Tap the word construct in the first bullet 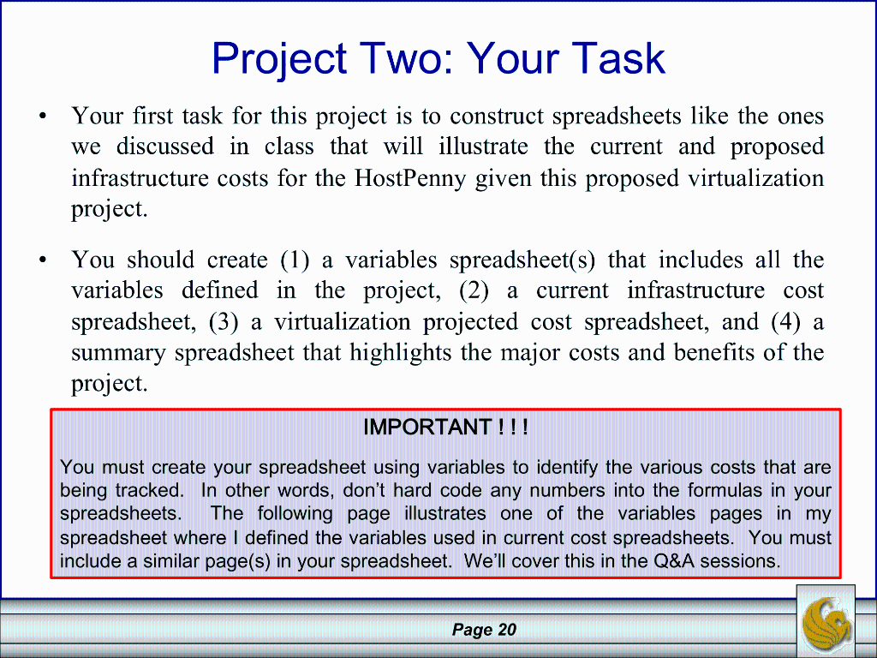[x=498, y=116]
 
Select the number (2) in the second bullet [x=474, y=290]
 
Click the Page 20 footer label [x=484, y=631]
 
